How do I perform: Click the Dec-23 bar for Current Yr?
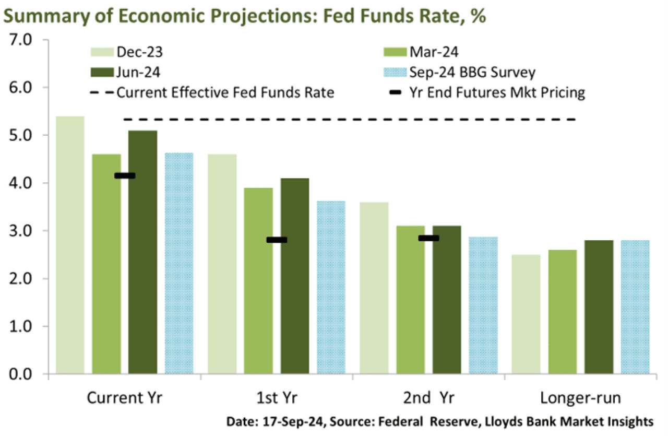(70, 245)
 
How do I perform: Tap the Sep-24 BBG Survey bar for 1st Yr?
(330, 287)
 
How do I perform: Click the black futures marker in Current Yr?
(125, 175)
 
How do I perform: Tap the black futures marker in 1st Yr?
(276, 240)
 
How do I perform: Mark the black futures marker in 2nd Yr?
(428, 238)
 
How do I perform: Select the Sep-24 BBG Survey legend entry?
(459, 73)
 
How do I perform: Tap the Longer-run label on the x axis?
(580, 398)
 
